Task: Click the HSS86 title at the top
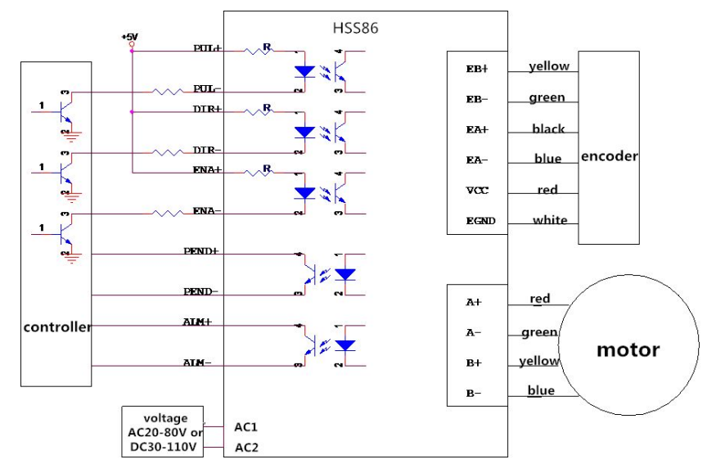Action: [x=355, y=28]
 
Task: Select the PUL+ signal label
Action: [x=208, y=48]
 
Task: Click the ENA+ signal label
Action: [x=208, y=169]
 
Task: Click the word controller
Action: [x=57, y=327]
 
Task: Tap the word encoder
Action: [x=609, y=156]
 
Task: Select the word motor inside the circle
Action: [x=628, y=349]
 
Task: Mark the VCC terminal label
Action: [x=476, y=190]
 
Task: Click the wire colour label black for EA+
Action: [x=548, y=129]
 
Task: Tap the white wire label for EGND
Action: [x=550, y=220]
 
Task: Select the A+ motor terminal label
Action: [x=474, y=302]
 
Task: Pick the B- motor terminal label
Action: [x=474, y=393]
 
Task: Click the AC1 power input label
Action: [x=247, y=426]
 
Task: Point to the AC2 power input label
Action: [x=247, y=448]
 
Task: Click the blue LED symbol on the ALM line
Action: [x=346, y=345]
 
